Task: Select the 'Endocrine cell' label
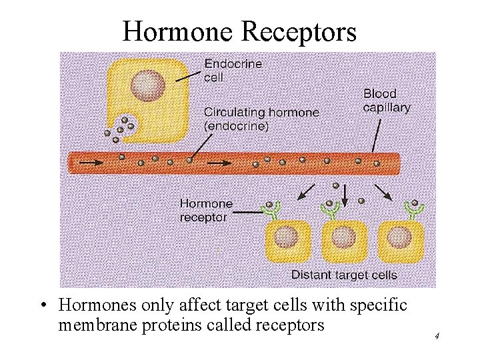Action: [x=233, y=70]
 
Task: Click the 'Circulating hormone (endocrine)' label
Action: [x=261, y=118]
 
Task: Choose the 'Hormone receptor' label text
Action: [x=206, y=210]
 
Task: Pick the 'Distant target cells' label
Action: [x=344, y=274]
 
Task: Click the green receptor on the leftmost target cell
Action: [x=271, y=210]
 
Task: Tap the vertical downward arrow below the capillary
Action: [x=345, y=194]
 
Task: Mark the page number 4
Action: [x=437, y=336]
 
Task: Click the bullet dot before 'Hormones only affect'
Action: [x=43, y=306]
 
